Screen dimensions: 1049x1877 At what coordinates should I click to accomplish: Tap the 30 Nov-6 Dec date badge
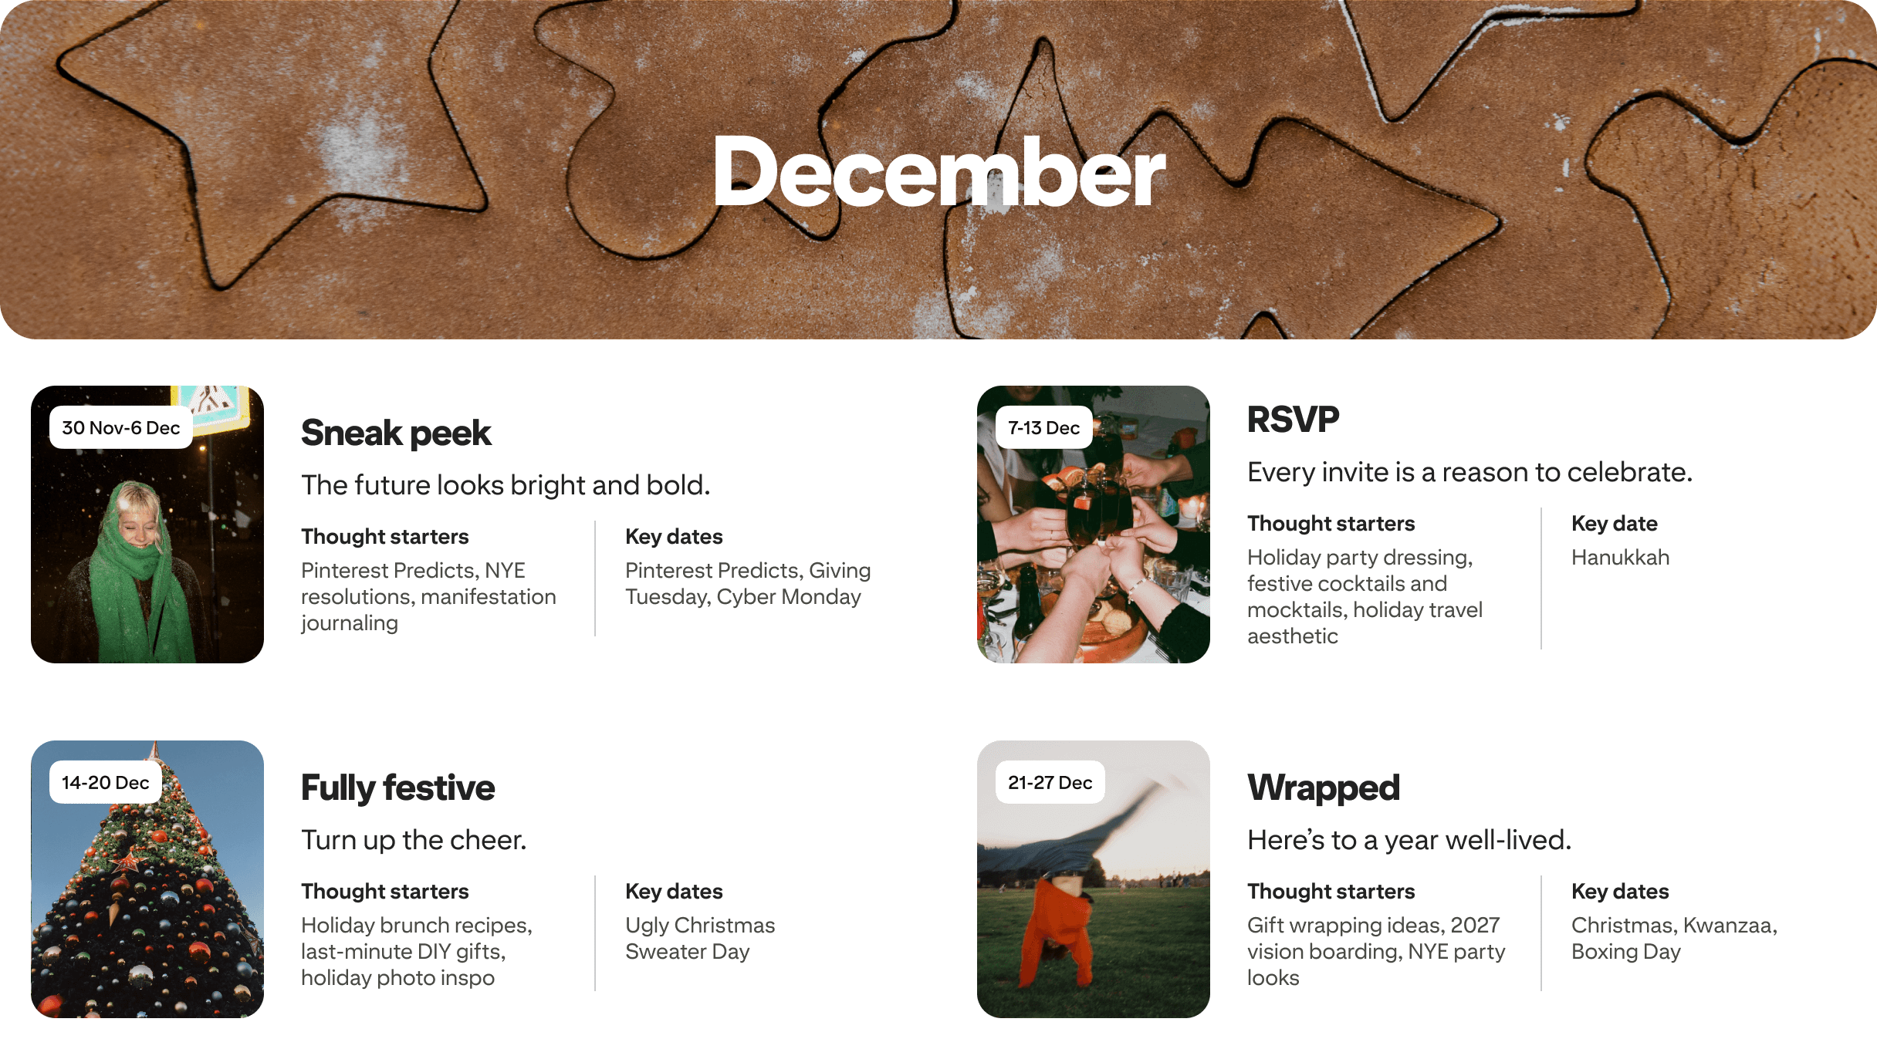120,428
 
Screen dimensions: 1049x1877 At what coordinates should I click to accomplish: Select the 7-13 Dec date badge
1043,428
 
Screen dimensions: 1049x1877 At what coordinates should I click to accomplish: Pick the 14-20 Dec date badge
105,783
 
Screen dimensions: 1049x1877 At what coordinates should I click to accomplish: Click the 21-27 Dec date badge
1050,783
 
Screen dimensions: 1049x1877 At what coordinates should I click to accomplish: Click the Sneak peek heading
396,433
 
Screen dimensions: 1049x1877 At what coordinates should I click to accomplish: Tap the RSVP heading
1293,420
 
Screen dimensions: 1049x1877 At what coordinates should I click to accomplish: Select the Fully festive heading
397,788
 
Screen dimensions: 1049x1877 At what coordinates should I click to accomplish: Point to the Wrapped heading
1323,788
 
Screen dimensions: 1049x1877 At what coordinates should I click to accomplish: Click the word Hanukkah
1620,558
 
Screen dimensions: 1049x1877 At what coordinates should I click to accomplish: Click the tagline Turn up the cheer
414,840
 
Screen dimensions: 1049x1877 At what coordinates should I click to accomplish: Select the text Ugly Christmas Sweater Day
699,939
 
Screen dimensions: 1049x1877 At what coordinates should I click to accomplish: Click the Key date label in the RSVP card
1614,524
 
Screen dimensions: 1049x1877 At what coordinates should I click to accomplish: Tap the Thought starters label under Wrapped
1331,892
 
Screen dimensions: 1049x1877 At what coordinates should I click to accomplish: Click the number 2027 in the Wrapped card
1475,926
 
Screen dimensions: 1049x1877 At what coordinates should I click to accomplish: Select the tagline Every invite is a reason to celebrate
1469,472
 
